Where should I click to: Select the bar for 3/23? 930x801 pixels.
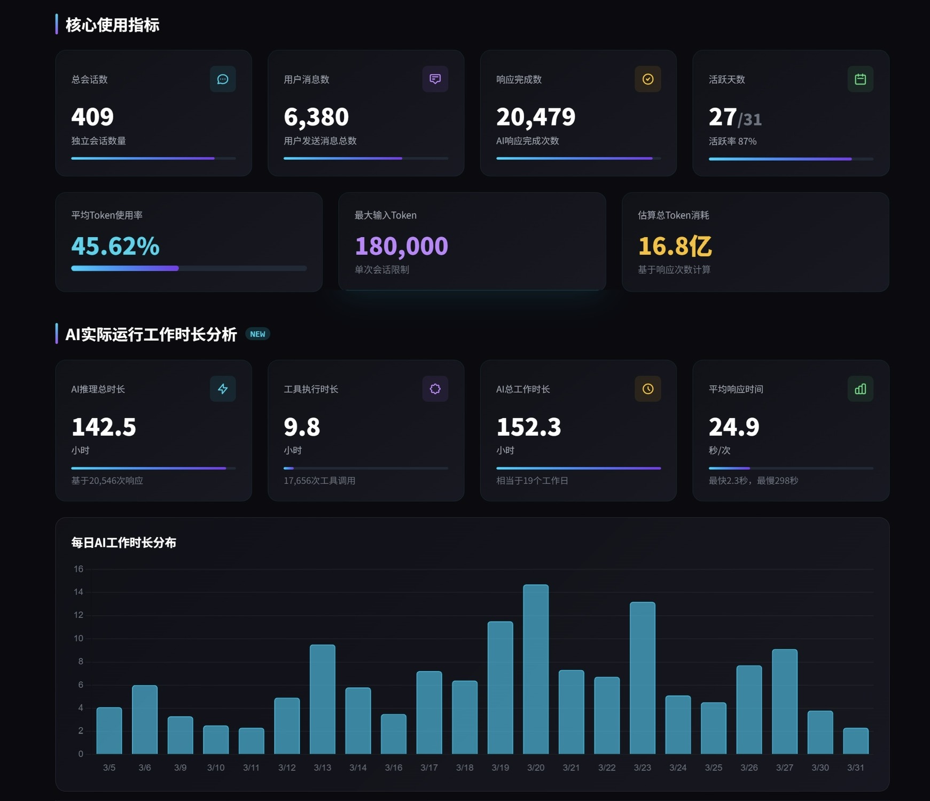coord(642,678)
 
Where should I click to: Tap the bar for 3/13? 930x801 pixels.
coord(323,699)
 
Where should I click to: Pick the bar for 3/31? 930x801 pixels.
coord(856,741)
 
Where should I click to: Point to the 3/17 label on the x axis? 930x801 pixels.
coord(429,767)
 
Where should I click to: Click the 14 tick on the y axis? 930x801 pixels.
coord(79,592)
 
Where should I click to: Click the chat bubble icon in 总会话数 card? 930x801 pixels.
coord(223,79)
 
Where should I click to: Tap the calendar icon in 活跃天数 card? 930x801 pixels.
coord(860,79)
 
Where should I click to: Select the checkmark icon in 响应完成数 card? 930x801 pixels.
coord(647,79)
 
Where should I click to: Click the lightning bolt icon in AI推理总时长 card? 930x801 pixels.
coord(223,389)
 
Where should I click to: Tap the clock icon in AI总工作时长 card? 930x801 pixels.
coord(647,389)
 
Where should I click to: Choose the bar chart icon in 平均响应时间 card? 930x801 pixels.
coord(860,389)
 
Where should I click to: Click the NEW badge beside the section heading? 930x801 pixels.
coord(257,334)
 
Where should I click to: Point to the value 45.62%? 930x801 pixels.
coord(115,246)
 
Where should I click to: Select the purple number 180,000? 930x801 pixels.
coord(401,246)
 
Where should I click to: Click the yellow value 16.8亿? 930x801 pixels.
coord(675,246)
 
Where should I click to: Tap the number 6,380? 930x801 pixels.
coord(316,117)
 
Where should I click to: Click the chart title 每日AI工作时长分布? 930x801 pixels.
coord(124,543)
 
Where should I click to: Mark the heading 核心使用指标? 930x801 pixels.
coord(112,25)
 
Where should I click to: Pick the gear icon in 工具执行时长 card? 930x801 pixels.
coord(435,389)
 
